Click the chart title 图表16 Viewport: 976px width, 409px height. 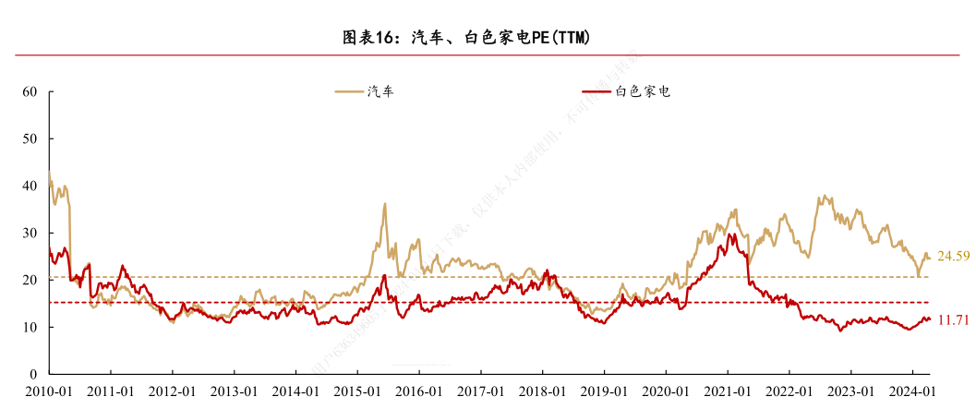pyautogui.click(x=466, y=38)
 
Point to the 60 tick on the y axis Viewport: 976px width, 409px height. pyautogui.click(x=30, y=92)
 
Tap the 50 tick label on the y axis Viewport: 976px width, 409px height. pyautogui.click(x=30, y=139)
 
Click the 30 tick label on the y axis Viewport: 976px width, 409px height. pyautogui.click(x=30, y=233)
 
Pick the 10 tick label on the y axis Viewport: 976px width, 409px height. pyautogui.click(x=30, y=327)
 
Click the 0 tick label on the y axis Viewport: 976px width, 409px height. pyautogui.click(x=33, y=374)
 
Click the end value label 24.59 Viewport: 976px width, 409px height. pyautogui.click(x=953, y=256)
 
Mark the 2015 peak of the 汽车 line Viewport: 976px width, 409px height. pyautogui.click(x=385, y=204)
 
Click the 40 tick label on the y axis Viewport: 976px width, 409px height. pyautogui.click(x=30, y=186)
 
